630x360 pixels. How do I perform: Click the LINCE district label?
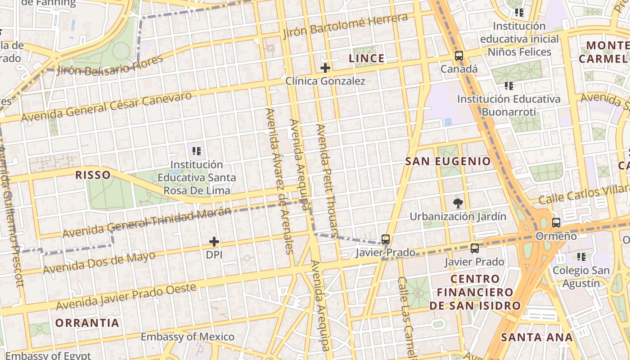pos(367,58)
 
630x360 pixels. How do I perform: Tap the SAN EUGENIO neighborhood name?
pos(448,161)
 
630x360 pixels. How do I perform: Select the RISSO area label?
pos(93,175)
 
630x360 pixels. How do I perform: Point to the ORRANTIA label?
pos(87,323)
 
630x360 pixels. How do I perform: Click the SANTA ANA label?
pos(537,337)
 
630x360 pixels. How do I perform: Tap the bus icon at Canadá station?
pos(459,56)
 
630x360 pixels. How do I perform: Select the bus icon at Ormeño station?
pos(556,223)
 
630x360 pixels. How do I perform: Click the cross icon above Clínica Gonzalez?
pos(325,68)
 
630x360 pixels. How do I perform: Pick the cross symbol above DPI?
pos(214,242)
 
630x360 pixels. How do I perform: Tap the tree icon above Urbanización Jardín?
pos(458,203)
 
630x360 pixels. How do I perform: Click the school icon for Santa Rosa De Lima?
pos(196,151)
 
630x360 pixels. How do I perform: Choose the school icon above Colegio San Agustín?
pos(581,257)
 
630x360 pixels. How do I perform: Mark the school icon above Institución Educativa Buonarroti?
pos(508,85)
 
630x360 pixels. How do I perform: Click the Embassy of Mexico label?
pos(187,337)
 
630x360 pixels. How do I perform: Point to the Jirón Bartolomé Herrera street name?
pos(346,26)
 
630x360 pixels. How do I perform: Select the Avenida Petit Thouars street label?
pos(327,180)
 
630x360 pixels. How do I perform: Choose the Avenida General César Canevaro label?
pos(106,107)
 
